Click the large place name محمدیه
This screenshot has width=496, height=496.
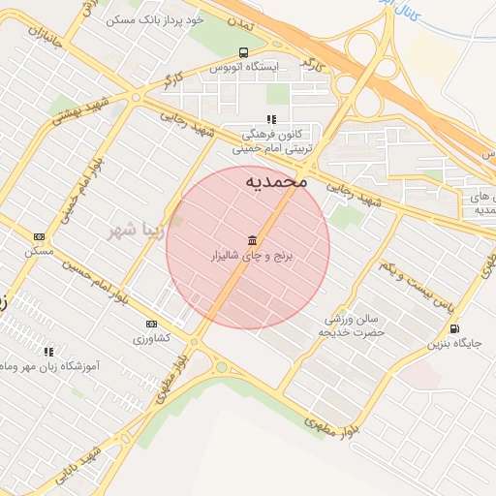[x=275, y=180]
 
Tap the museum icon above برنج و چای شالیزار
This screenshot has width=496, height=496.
[x=253, y=240]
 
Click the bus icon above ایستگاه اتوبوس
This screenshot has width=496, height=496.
[x=242, y=52]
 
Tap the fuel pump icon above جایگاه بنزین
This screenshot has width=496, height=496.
[x=454, y=327]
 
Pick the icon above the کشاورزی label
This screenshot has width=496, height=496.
[x=151, y=324]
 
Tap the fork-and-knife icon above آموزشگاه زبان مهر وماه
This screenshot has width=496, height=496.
[x=48, y=352]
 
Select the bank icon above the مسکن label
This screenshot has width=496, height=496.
[x=40, y=236]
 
